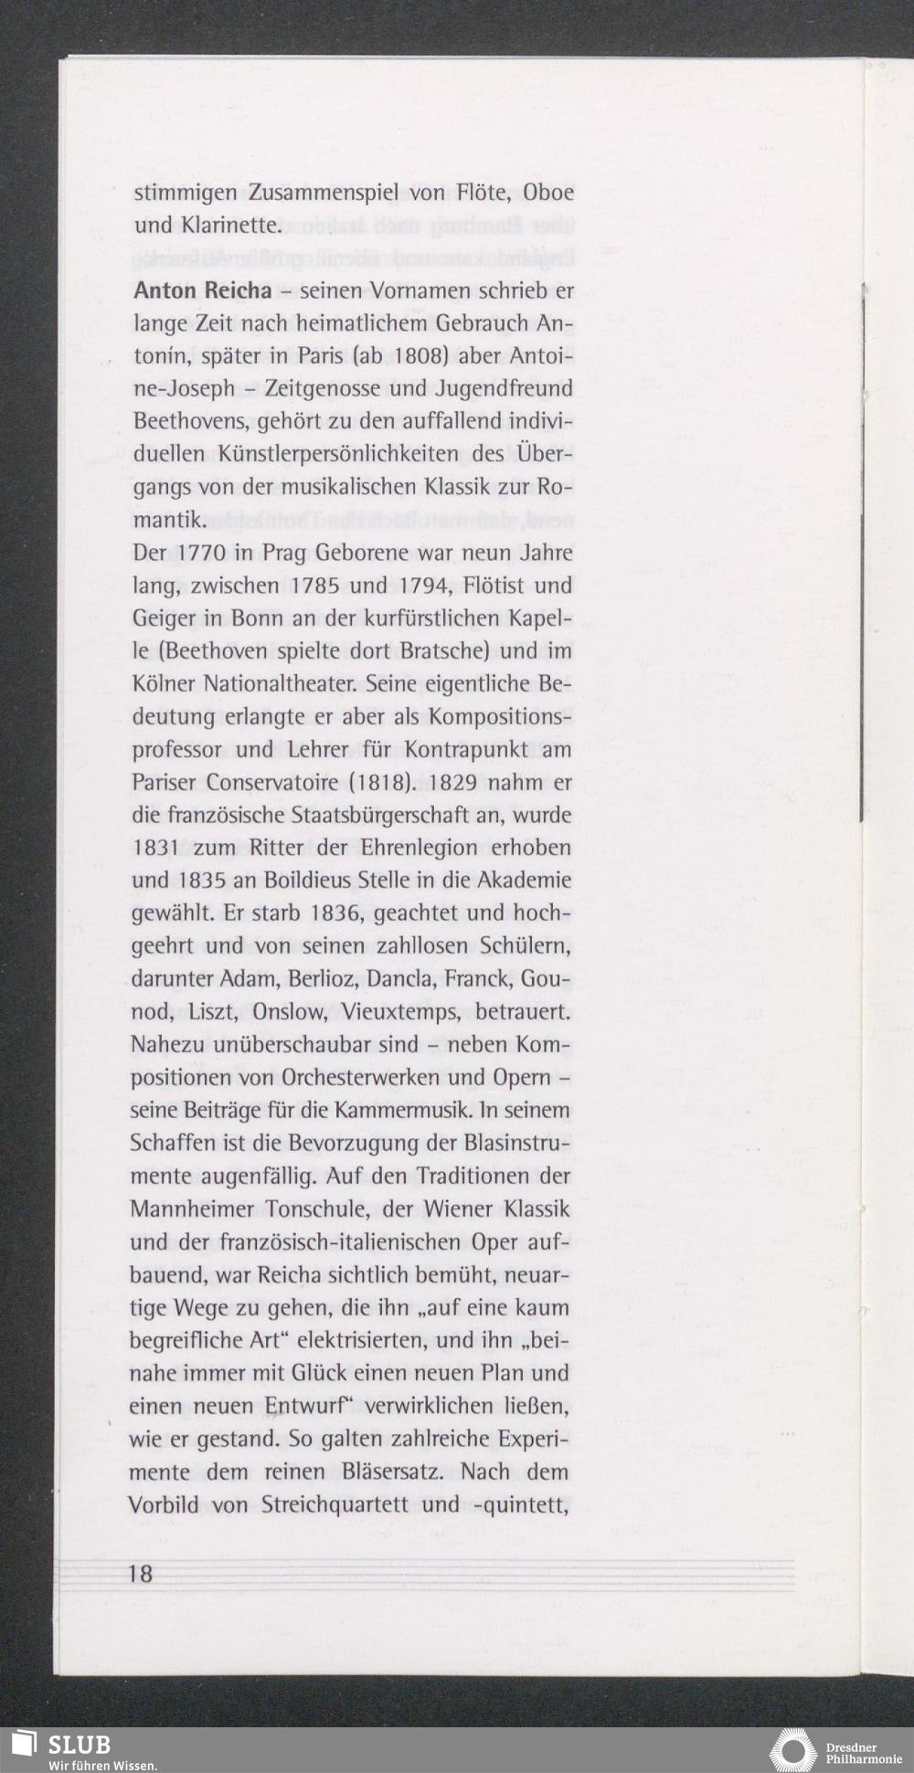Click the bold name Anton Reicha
[x=202, y=291]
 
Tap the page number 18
[x=142, y=1573]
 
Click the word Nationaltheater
[x=297, y=684]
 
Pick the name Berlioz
[x=319, y=979]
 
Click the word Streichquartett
[x=335, y=1504]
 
